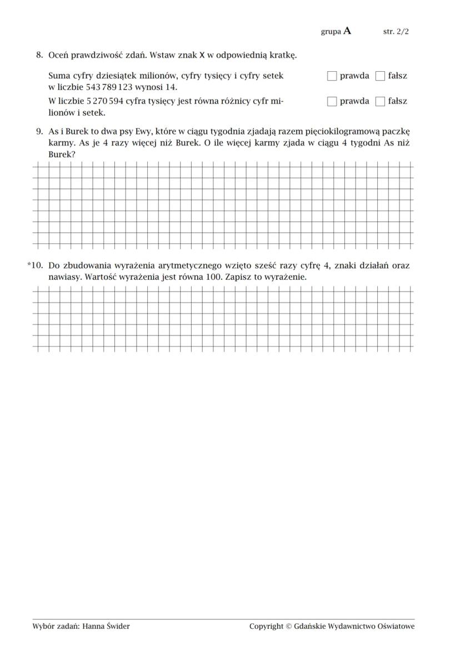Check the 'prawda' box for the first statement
(x=332, y=76)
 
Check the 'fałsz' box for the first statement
(x=380, y=76)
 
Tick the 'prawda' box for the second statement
(x=332, y=102)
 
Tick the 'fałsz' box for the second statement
(x=380, y=102)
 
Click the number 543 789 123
(x=109, y=87)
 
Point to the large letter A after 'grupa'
(x=347, y=31)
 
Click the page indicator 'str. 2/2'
(x=396, y=32)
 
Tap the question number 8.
(x=39, y=55)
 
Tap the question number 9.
(x=39, y=132)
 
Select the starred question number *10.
(x=35, y=266)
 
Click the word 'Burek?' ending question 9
(x=62, y=154)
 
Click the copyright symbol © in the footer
(x=288, y=627)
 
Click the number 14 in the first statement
(x=171, y=87)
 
